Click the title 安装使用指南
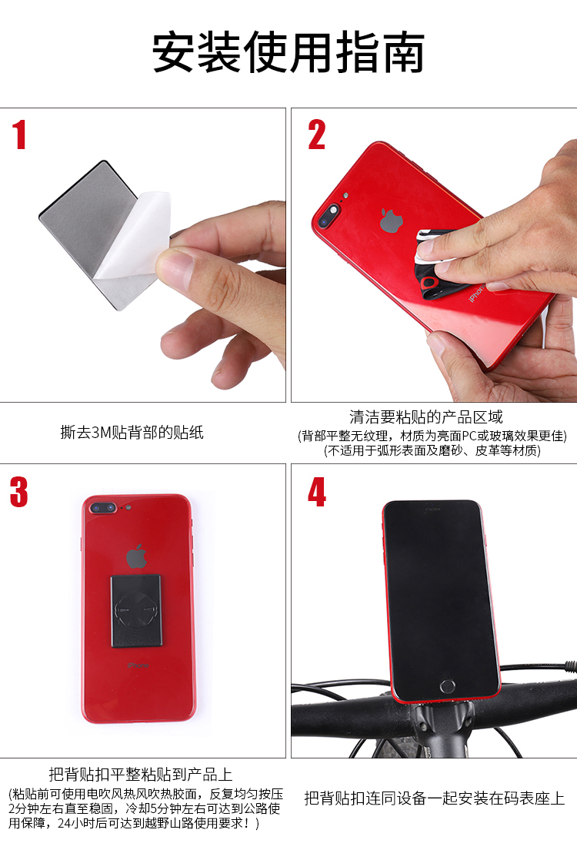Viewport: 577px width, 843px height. click(288, 52)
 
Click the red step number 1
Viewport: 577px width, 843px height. click(19, 134)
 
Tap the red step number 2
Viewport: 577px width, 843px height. click(316, 134)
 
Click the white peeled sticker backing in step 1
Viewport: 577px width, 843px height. click(135, 237)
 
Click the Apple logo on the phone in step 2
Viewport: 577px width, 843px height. click(392, 221)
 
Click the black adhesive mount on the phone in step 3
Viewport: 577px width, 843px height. click(137, 611)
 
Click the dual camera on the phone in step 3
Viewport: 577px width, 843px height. click(103, 507)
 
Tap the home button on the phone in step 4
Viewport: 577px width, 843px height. click(447, 686)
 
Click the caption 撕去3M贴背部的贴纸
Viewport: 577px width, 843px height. click(132, 432)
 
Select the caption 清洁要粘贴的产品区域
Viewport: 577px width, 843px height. click(425, 417)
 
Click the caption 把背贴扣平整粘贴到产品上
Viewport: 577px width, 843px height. click(141, 774)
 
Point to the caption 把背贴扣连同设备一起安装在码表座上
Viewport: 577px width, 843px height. click(435, 798)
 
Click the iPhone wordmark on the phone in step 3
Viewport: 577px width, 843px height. click(138, 665)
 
